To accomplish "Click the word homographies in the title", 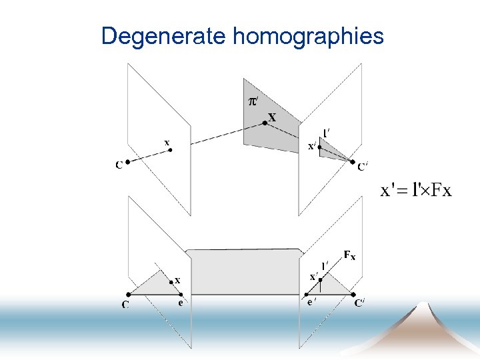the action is tap(308, 36).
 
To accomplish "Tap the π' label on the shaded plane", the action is tap(254, 101).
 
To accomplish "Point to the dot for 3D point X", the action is tap(265, 123).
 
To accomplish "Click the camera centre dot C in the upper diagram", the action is tap(127, 161).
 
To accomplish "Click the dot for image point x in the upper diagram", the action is tap(171, 150).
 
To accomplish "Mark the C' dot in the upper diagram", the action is tap(353, 161).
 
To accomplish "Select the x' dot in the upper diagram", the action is tap(320, 147).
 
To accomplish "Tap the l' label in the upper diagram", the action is tap(326, 132).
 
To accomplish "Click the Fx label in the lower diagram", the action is tap(349, 255).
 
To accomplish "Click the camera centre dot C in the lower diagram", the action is tap(127, 293).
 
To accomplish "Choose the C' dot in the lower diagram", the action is tap(353, 293).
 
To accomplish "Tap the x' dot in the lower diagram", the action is tap(321, 281).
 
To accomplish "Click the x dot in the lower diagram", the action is tap(171, 282).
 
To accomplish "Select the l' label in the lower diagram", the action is tap(325, 266).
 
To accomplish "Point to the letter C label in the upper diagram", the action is tap(119, 165).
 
